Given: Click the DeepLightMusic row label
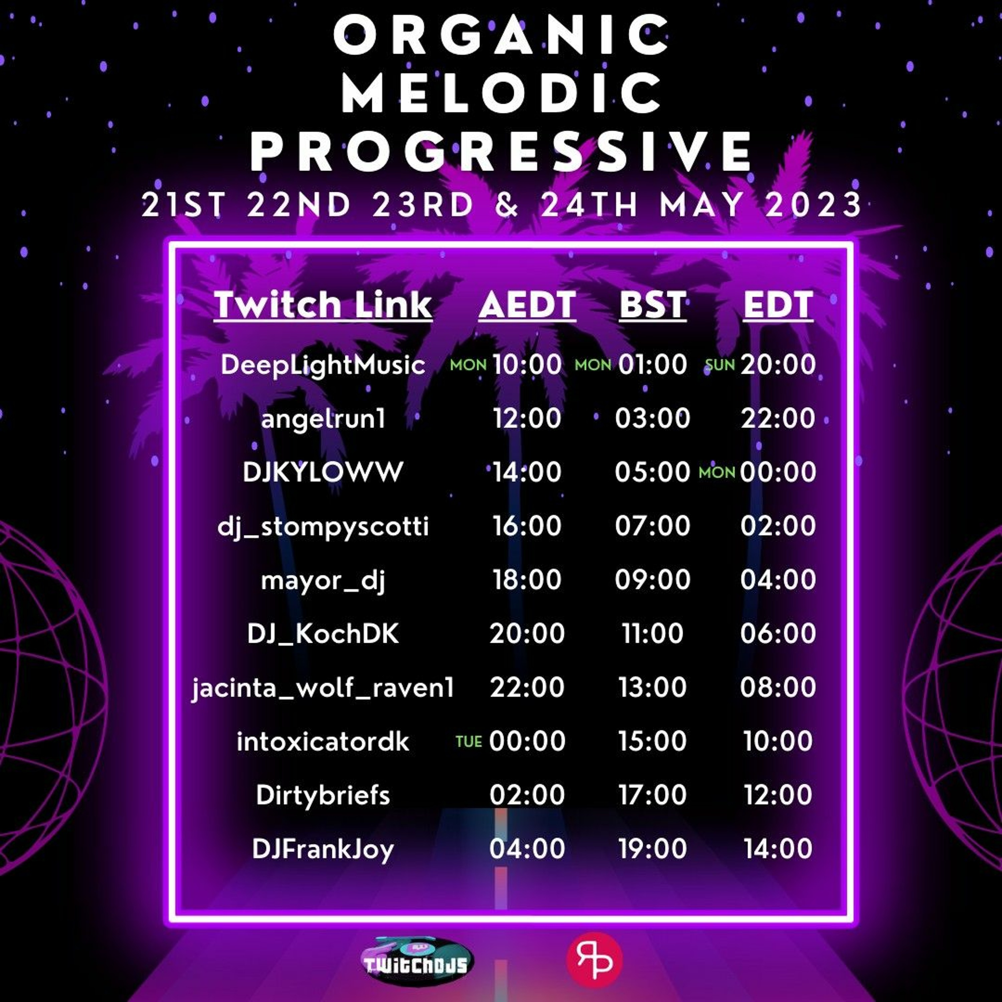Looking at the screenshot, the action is click(x=323, y=365).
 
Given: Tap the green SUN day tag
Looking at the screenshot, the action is click(x=720, y=365).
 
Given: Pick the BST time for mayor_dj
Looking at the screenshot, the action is click(x=652, y=579).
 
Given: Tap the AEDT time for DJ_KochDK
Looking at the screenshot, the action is click(x=527, y=633).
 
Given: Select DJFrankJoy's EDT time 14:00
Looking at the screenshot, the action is click(x=778, y=848).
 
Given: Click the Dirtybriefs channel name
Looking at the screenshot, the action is click(x=323, y=795).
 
